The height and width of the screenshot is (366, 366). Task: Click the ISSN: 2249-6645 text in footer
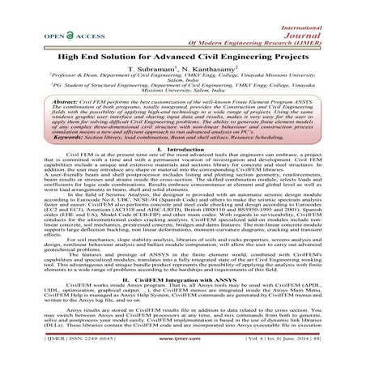[x=64, y=356]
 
